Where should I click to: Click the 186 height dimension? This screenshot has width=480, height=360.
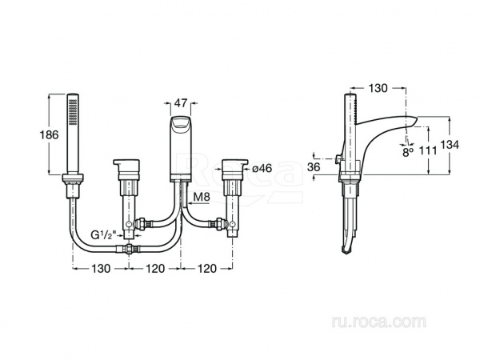pos(49,134)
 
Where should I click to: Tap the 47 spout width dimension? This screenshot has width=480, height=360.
pos(181,103)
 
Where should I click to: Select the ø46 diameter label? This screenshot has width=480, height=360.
pos(262,168)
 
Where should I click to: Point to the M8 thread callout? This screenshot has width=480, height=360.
pos(202,197)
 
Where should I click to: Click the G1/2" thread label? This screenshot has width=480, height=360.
pos(103,234)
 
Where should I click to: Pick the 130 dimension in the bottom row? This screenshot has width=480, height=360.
pos(101,269)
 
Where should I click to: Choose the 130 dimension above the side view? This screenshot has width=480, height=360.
pos(378,88)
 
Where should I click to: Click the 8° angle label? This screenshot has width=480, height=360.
pos(408,152)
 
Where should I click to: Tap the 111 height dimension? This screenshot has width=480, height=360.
pos(428,150)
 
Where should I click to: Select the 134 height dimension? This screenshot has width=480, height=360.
pos(450,145)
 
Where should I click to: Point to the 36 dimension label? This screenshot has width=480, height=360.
pos(314,167)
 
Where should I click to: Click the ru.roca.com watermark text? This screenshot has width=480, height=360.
pos(378,322)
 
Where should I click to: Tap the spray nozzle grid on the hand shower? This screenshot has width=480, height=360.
pos(73,111)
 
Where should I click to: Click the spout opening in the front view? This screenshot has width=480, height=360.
pos(181,122)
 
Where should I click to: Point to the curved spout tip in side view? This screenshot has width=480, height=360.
pos(412,121)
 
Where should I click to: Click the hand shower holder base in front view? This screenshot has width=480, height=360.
pos(73,178)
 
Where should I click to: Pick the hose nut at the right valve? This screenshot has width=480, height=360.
pos(219,223)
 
